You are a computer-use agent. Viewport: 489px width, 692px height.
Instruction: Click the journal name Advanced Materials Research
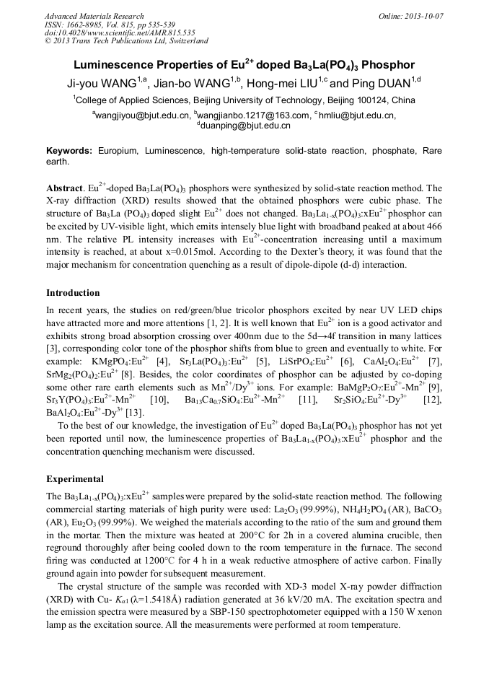tap(94, 16)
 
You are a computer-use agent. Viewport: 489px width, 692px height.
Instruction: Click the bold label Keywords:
tap(69, 151)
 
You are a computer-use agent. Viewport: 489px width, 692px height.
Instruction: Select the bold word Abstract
tap(64, 188)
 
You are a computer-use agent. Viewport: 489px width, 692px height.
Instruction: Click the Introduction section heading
tap(73, 293)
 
